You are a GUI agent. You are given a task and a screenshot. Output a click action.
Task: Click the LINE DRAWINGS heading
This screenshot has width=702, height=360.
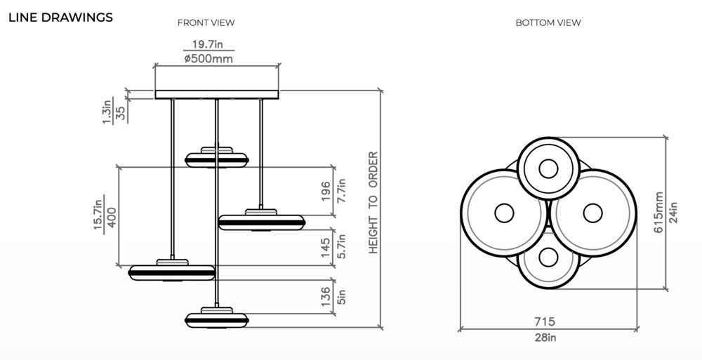click(x=60, y=18)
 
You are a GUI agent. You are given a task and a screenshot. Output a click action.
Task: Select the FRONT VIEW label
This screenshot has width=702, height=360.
click(x=206, y=22)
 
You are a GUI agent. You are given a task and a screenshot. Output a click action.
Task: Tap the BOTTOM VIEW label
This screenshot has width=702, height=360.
click(x=548, y=22)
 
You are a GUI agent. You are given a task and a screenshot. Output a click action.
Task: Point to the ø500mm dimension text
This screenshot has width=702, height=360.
click(x=208, y=59)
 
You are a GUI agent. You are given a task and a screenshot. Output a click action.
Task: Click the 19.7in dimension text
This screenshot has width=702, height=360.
click(x=208, y=45)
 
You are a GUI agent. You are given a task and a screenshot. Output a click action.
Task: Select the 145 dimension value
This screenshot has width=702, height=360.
click(x=326, y=247)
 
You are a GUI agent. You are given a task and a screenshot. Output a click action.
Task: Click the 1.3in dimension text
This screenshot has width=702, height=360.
click(x=107, y=112)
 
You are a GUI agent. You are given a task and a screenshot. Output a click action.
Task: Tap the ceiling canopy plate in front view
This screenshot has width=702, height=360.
click(x=217, y=94)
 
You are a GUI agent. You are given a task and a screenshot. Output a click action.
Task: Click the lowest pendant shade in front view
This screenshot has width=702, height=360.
click(x=217, y=317)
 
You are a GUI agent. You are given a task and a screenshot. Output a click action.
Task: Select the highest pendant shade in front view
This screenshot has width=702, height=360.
click(x=217, y=159)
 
